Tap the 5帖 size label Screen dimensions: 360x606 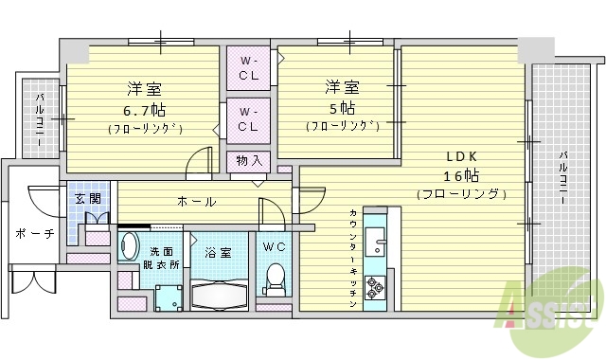(x=341, y=107)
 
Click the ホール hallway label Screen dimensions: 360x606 (x=196, y=202)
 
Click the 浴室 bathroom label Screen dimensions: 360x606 (x=217, y=253)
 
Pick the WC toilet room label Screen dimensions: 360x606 (x=274, y=248)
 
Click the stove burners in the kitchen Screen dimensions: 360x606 (x=375, y=286)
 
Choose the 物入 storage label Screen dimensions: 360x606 (x=249, y=161)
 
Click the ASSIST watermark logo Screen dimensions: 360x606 (x=559, y=303)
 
